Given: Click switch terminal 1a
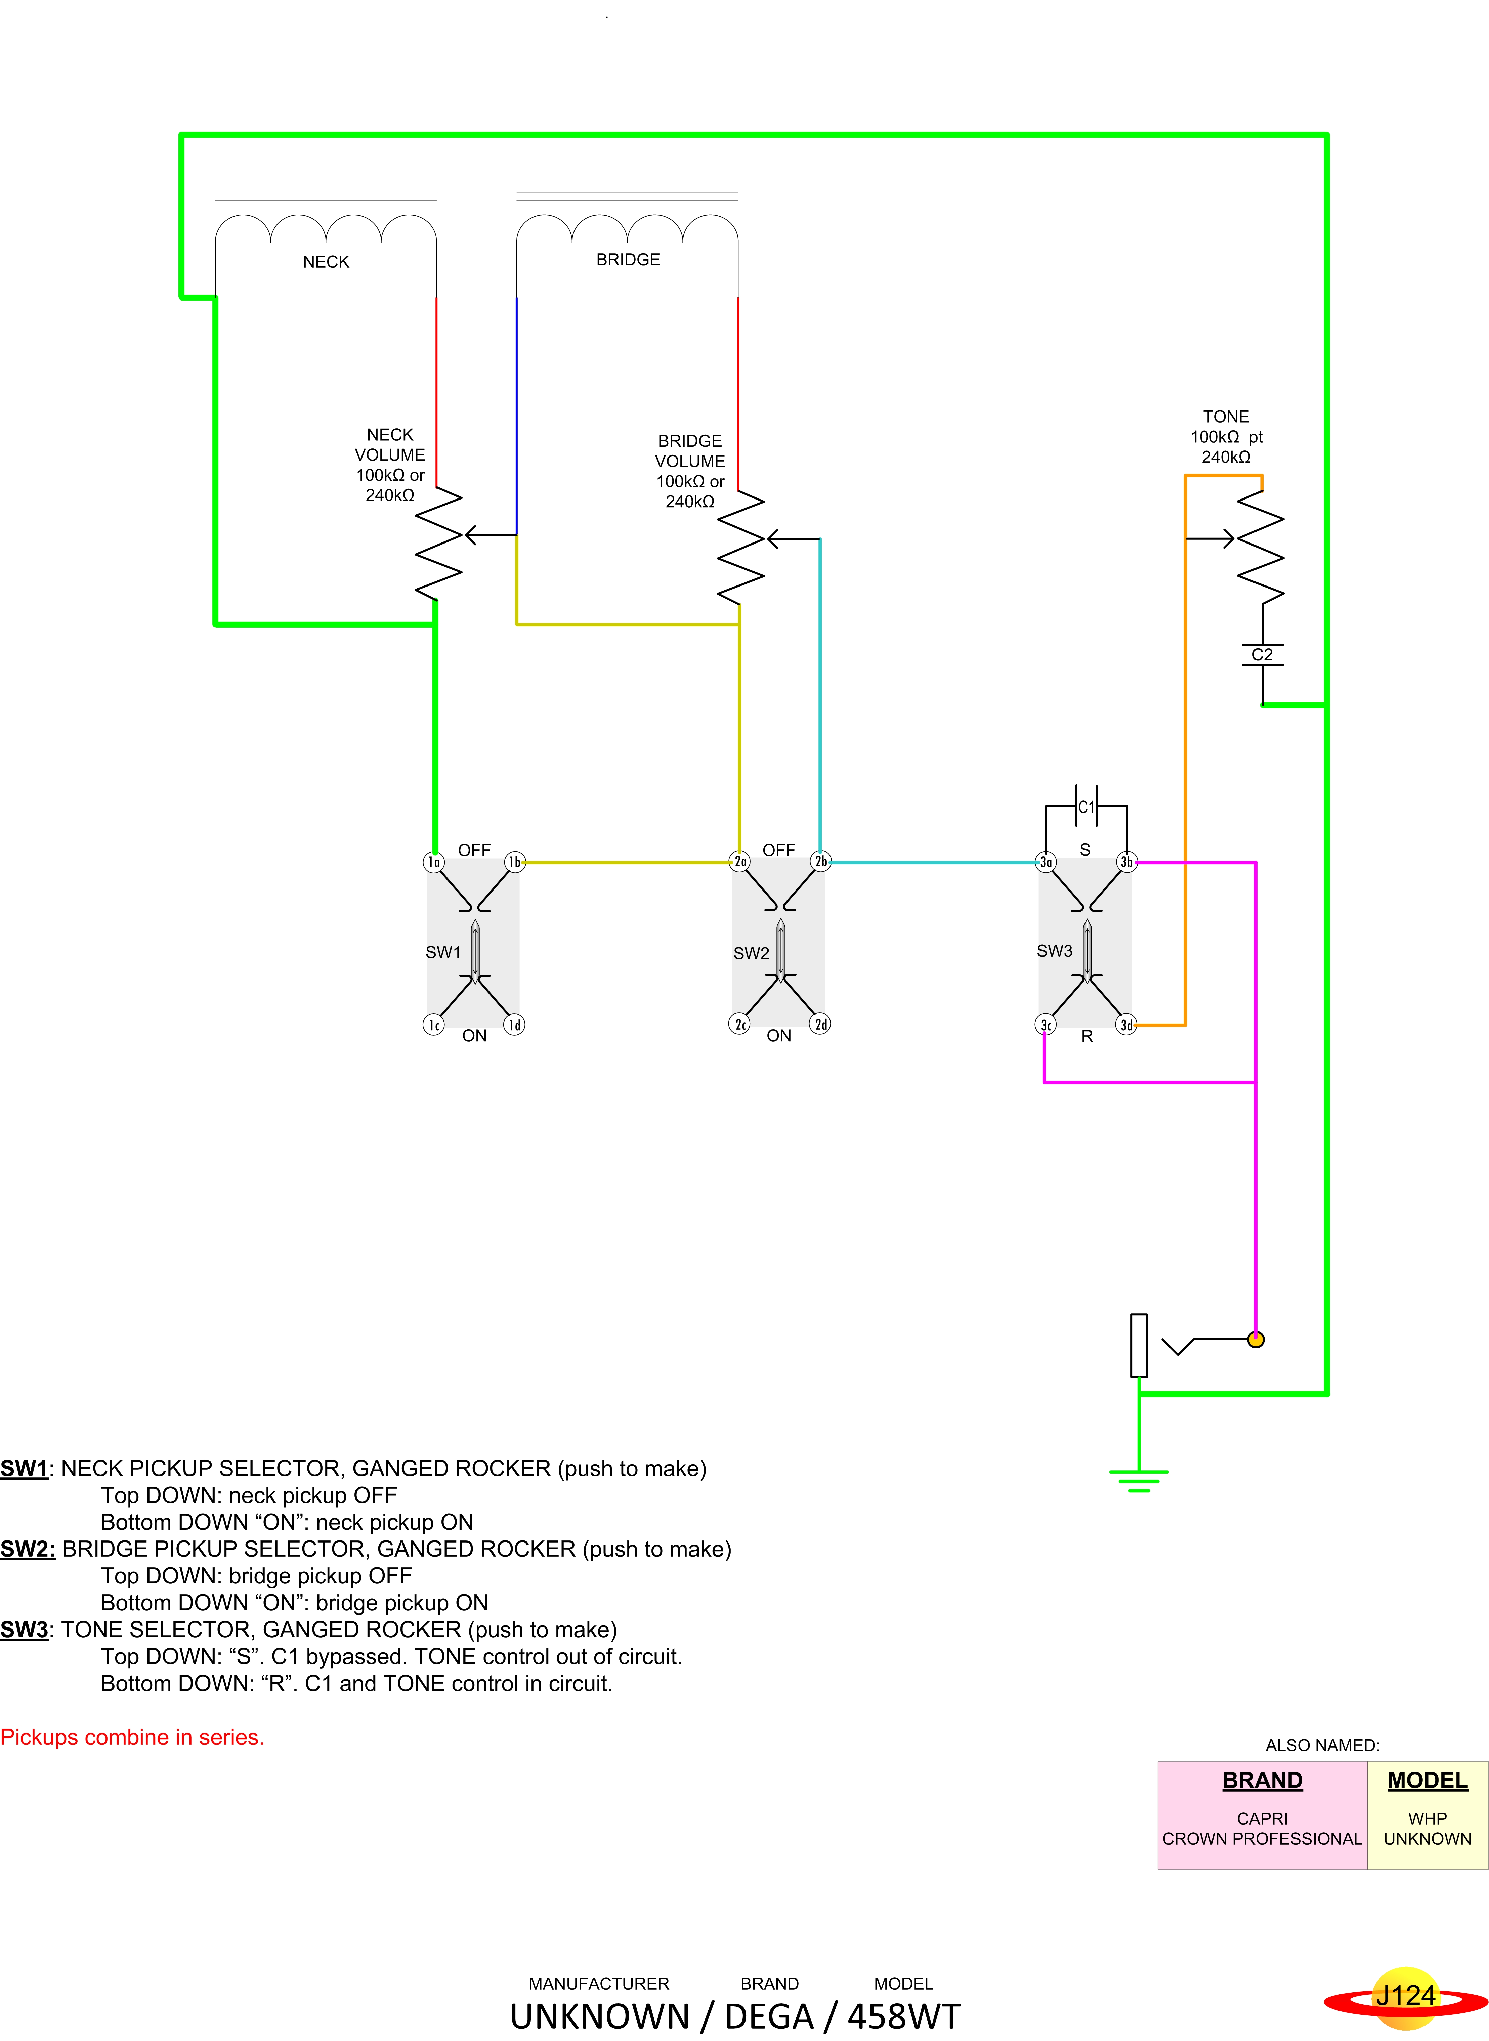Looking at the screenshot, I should pyautogui.click(x=433, y=862).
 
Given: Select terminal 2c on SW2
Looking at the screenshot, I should pyautogui.click(x=739, y=1025).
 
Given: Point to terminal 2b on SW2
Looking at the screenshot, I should pyautogui.click(x=820, y=862).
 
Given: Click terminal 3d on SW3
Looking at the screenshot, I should pyautogui.click(x=1126, y=1026).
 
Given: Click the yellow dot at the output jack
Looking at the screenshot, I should pyautogui.click(x=1256, y=1340).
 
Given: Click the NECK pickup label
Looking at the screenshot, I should pyautogui.click(x=325, y=262).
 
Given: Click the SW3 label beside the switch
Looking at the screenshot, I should pyautogui.click(x=1054, y=951).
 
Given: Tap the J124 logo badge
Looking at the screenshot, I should pyautogui.click(x=1404, y=1996).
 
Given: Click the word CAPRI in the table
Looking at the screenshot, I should pyautogui.click(x=1262, y=1818).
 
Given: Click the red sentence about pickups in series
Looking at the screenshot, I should pyautogui.click(x=132, y=1737).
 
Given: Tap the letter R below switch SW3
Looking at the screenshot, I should pyautogui.click(x=1087, y=1036).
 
